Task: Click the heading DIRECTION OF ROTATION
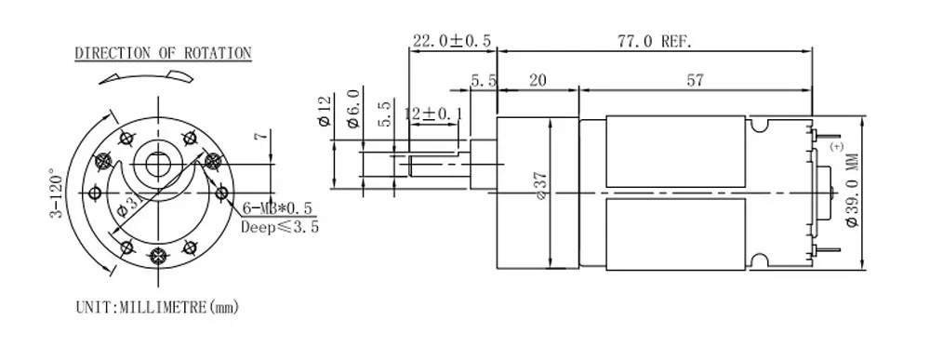click(x=163, y=53)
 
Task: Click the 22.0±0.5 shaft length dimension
click(x=451, y=41)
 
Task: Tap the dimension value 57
click(x=694, y=81)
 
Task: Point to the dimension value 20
click(x=538, y=81)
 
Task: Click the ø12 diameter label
click(x=325, y=109)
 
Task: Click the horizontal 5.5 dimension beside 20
click(x=483, y=81)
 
